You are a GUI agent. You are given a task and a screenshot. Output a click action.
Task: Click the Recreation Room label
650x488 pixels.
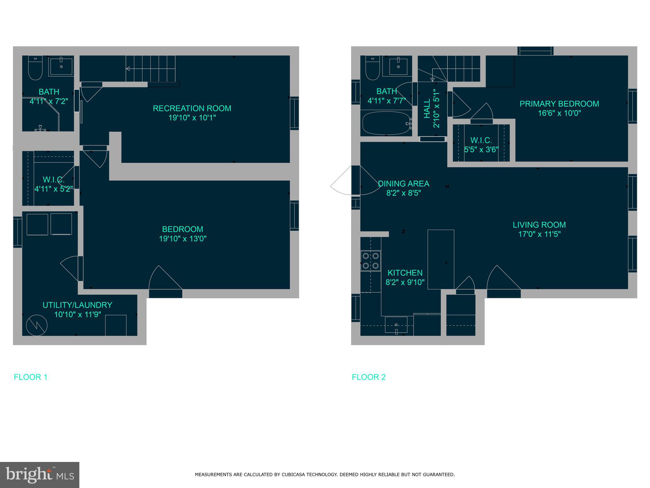click(192, 108)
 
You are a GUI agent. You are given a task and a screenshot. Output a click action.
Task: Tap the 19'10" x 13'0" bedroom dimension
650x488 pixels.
click(182, 239)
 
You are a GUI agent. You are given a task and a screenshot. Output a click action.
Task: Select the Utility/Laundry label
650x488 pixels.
click(77, 305)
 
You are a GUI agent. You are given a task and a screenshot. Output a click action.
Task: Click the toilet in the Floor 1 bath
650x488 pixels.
click(35, 68)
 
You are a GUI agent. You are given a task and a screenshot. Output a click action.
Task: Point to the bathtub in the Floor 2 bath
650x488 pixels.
click(386, 123)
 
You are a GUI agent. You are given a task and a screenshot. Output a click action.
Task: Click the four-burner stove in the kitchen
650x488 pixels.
click(371, 261)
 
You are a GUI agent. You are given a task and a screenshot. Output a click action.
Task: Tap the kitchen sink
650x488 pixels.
click(396, 325)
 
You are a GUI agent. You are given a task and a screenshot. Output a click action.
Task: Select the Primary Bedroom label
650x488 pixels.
click(559, 104)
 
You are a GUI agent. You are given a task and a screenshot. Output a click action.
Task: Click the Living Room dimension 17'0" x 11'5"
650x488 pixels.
click(539, 234)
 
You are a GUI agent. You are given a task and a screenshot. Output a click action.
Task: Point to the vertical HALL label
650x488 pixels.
click(427, 108)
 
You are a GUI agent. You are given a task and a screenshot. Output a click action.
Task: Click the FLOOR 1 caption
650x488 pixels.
click(30, 377)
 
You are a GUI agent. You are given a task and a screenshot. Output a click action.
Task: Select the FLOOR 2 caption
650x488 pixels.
click(368, 377)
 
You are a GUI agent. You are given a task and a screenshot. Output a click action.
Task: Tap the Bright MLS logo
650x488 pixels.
click(39, 475)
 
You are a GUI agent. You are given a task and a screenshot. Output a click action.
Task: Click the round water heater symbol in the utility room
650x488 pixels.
click(37, 325)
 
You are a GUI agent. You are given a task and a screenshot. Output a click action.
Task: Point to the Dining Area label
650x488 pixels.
click(403, 184)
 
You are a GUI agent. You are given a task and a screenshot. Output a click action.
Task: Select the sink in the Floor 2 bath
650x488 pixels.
click(398, 67)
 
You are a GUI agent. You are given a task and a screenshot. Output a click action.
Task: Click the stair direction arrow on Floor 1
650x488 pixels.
click(128, 69)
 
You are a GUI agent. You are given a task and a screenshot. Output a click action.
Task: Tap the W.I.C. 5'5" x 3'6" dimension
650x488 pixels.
click(481, 150)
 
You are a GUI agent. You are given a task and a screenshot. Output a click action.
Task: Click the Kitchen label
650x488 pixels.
click(405, 273)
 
